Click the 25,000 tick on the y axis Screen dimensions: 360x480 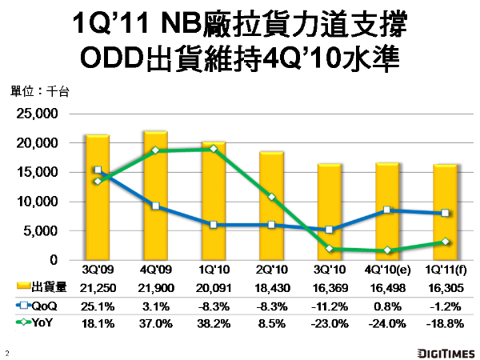click(36, 114)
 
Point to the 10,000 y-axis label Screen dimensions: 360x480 click(36, 202)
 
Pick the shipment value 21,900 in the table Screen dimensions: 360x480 click(156, 288)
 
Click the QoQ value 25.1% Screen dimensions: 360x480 click(98, 306)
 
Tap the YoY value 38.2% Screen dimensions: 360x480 click(214, 322)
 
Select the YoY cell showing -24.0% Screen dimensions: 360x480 click(387, 322)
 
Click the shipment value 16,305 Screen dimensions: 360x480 click(445, 288)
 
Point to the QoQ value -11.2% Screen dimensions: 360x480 click(330, 306)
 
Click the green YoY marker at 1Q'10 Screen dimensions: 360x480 click(213, 149)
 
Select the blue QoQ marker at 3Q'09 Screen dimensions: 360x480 click(98, 170)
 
